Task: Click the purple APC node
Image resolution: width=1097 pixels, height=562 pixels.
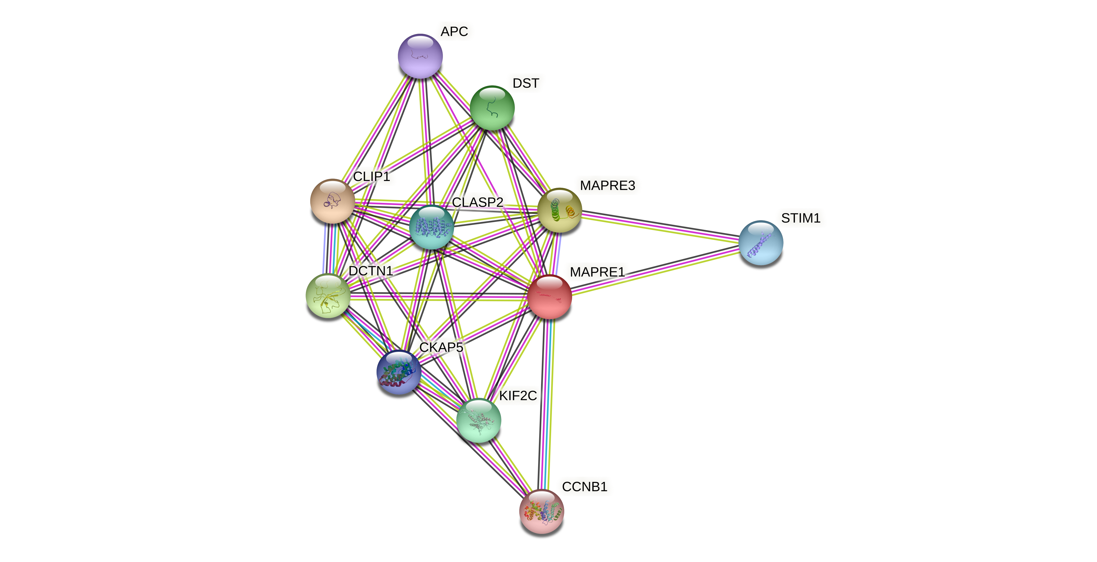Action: (420, 56)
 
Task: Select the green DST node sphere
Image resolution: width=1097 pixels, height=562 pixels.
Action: (492, 108)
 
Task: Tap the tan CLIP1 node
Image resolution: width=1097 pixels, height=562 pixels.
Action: (332, 201)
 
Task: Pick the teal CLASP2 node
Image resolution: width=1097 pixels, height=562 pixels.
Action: (431, 227)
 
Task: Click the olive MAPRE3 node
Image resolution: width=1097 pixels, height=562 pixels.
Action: (559, 210)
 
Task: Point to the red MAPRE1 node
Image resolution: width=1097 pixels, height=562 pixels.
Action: (549, 297)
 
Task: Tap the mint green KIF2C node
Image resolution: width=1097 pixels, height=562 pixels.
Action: (478, 420)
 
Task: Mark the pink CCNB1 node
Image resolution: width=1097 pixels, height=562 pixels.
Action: (541, 511)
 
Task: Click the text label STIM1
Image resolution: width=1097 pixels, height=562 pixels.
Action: (800, 218)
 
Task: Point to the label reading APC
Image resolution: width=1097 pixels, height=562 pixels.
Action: (454, 32)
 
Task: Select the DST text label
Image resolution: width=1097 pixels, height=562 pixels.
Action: (525, 83)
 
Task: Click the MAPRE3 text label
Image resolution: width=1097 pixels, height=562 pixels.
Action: (607, 185)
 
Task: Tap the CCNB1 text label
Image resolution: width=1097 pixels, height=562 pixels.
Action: (584, 486)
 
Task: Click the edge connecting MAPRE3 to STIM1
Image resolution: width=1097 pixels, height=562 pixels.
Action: (660, 226)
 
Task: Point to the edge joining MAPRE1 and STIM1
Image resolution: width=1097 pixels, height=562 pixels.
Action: (656, 270)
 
